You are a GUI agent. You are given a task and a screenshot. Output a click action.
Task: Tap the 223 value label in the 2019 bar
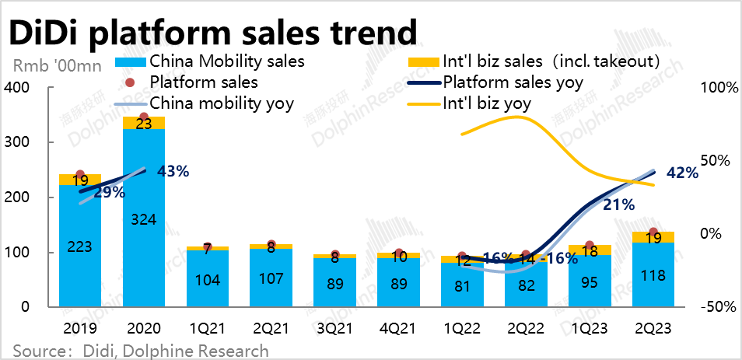pos(80,246)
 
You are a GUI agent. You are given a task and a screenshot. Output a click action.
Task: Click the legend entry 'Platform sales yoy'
pos(513,82)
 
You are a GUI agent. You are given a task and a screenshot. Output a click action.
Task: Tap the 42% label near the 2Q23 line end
pos(682,173)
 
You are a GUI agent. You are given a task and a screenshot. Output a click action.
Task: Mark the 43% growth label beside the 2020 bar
pos(173,171)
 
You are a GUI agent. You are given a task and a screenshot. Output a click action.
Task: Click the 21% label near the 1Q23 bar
pos(619,205)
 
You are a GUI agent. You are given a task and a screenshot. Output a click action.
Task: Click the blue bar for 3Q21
pos(334,283)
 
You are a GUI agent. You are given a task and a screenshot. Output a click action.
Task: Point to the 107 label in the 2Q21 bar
pos(271,281)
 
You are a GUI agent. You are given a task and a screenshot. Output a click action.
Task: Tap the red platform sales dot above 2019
pos(80,175)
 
